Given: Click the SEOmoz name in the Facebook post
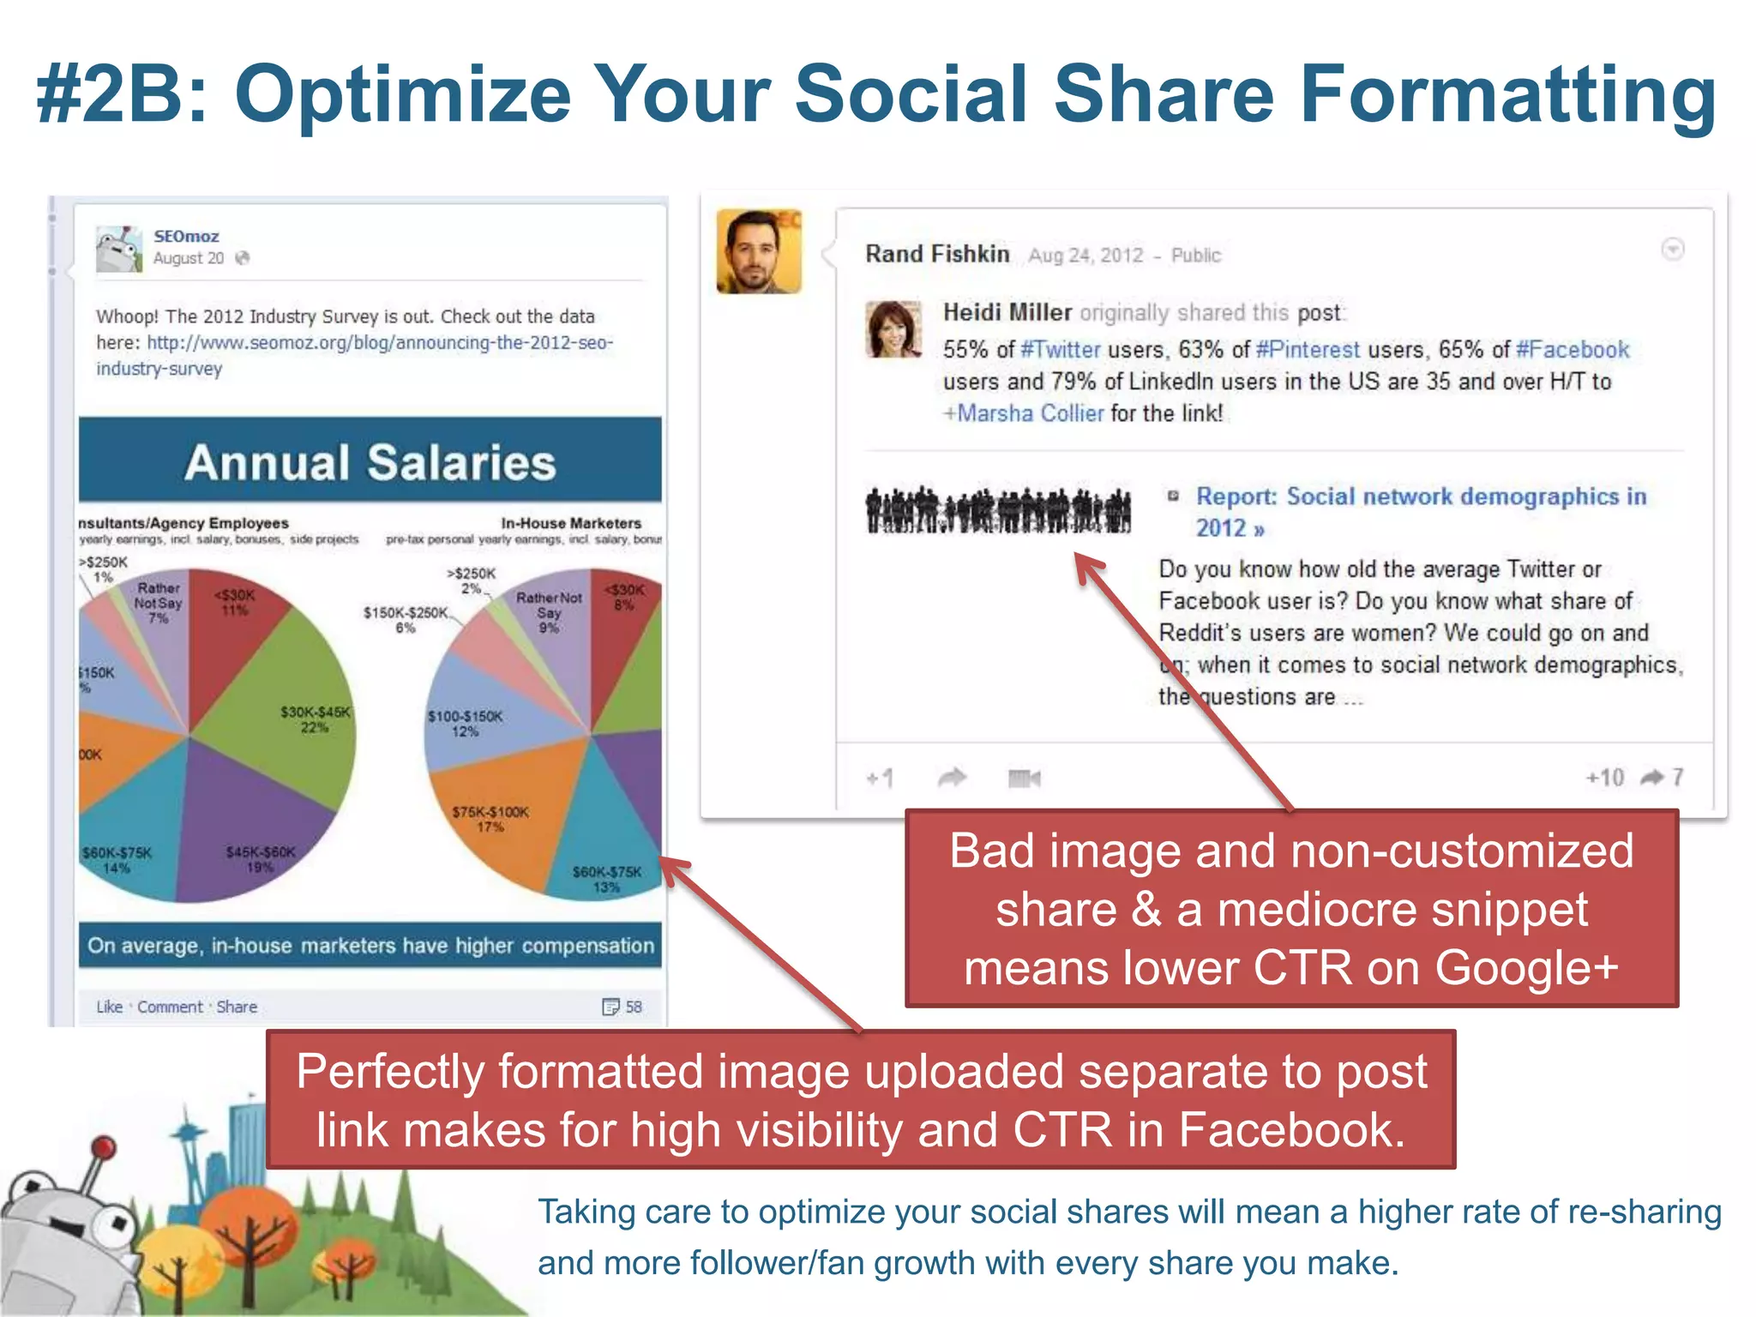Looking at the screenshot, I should (x=186, y=236).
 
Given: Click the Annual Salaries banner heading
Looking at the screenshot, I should (x=370, y=462).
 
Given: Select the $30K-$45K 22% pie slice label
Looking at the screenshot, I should (x=316, y=719).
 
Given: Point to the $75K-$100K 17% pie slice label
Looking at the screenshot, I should (x=490, y=819).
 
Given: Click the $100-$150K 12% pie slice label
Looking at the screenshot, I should (x=466, y=724).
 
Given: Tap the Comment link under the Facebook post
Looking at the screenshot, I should (x=170, y=1007).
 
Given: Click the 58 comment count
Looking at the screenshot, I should (x=633, y=1007).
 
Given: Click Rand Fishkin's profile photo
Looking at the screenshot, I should (x=759, y=251).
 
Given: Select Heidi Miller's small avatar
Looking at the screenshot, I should (x=893, y=328).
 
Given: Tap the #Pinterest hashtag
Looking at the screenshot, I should (x=1308, y=350).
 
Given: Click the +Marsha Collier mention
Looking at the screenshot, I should (x=1024, y=413).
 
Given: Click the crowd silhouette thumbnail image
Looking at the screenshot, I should (x=998, y=510).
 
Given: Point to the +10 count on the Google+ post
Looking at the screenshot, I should (x=1604, y=777).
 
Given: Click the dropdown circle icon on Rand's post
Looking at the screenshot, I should (x=1672, y=250).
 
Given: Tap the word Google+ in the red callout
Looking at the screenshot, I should (x=1526, y=968).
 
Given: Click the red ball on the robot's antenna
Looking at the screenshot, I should (x=104, y=1146).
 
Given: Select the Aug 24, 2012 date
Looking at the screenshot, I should (x=1085, y=255).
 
